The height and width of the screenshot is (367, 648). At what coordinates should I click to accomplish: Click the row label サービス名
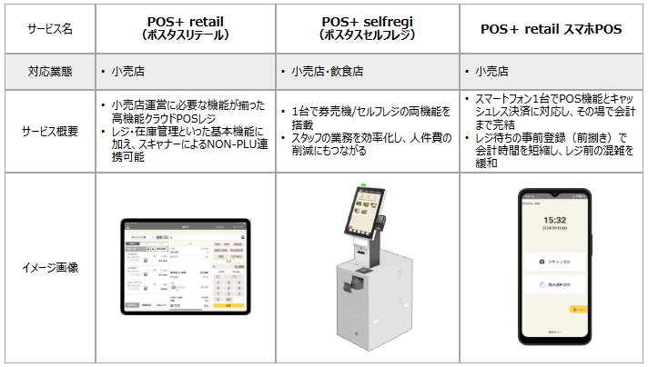[50, 28]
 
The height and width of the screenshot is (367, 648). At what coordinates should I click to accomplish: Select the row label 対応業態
[50, 70]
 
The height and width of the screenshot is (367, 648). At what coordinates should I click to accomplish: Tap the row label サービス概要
[50, 131]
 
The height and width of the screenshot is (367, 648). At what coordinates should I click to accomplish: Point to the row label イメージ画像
[50, 267]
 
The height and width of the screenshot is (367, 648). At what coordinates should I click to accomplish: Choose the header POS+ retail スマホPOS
[552, 28]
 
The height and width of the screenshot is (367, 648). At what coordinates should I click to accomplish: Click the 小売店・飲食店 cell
[324, 70]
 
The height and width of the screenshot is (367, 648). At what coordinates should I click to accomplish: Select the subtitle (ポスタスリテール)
[186, 35]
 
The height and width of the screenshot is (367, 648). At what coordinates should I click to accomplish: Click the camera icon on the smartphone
[542, 261]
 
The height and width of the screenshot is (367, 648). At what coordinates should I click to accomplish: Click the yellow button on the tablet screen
[234, 305]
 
